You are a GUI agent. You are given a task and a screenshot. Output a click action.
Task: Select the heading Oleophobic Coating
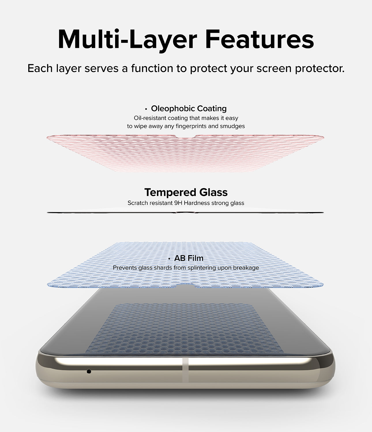[x=189, y=109]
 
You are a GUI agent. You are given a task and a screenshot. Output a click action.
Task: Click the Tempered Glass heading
[x=186, y=192]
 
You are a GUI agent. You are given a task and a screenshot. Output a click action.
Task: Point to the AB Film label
[x=189, y=258]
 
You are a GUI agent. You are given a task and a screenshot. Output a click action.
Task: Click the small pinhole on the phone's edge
[x=89, y=372]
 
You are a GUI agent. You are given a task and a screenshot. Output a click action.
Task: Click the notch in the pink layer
[x=186, y=136]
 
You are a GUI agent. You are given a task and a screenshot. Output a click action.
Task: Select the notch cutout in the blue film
[x=186, y=286]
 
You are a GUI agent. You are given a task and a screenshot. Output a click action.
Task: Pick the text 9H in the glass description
[x=178, y=203]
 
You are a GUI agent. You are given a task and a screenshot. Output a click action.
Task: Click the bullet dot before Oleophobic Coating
[x=146, y=109]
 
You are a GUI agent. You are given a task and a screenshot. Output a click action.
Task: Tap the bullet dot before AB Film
[x=169, y=258]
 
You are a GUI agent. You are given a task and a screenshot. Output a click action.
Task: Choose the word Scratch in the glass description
[x=137, y=203]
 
